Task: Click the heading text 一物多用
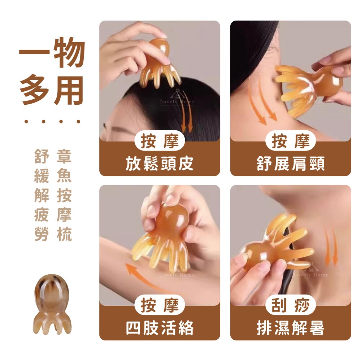[x=52, y=71]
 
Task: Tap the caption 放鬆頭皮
[x=159, y=164]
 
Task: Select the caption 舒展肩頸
[x=291, y=164]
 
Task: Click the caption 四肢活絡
[x=159, y=328]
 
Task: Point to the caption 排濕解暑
[x=291, y=328]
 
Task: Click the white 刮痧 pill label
[x=291, y=305]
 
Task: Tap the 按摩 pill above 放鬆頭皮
[x=160, y=141]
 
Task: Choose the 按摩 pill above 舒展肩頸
[x=291, y=141]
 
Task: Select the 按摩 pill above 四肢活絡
[x=160, y=305]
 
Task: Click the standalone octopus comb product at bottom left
[x=52, y=304]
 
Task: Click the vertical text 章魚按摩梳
[x=64, y=195]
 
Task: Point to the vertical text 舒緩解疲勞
[x=42, y=195]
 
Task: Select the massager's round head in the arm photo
[x=171, y=220]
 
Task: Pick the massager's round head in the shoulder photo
[x=328, y=81]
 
